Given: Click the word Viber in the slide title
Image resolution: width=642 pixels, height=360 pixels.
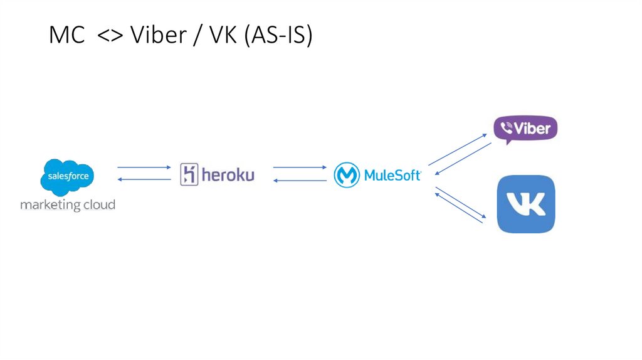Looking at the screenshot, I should tap(157, 35).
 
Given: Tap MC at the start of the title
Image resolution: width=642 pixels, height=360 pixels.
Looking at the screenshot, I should tap(66, 35).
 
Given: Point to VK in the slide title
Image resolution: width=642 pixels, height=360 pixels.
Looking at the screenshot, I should tap(223, 35).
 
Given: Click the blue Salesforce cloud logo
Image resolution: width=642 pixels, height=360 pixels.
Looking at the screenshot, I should tap(68, 177).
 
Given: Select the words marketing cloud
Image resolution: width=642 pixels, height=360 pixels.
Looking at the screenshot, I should tap(68, 204).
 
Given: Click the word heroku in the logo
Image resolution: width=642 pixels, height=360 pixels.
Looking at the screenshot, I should tap(228, 174).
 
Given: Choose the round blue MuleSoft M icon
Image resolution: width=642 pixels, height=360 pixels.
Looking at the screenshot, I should tap(347, 175).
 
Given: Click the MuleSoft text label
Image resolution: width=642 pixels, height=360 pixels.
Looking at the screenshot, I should tap(392, 175).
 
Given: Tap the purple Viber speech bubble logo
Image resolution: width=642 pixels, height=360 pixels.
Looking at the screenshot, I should tap(525, 129).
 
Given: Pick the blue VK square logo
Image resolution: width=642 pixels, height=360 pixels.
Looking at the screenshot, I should tap(525, 204).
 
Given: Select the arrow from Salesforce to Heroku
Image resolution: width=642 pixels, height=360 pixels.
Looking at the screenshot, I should tap(144, 167).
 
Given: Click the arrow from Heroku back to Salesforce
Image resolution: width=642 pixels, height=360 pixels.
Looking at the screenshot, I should tap(144, 179).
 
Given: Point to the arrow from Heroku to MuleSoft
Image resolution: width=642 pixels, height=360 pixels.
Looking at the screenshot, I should tap(300, 167).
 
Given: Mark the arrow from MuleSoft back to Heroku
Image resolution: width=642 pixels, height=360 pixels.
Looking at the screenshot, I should tap(300, 180).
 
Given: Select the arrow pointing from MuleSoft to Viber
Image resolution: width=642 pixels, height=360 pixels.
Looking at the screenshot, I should tap(458, 149).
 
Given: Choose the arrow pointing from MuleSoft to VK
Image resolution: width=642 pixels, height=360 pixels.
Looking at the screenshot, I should tap(461, 203).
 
